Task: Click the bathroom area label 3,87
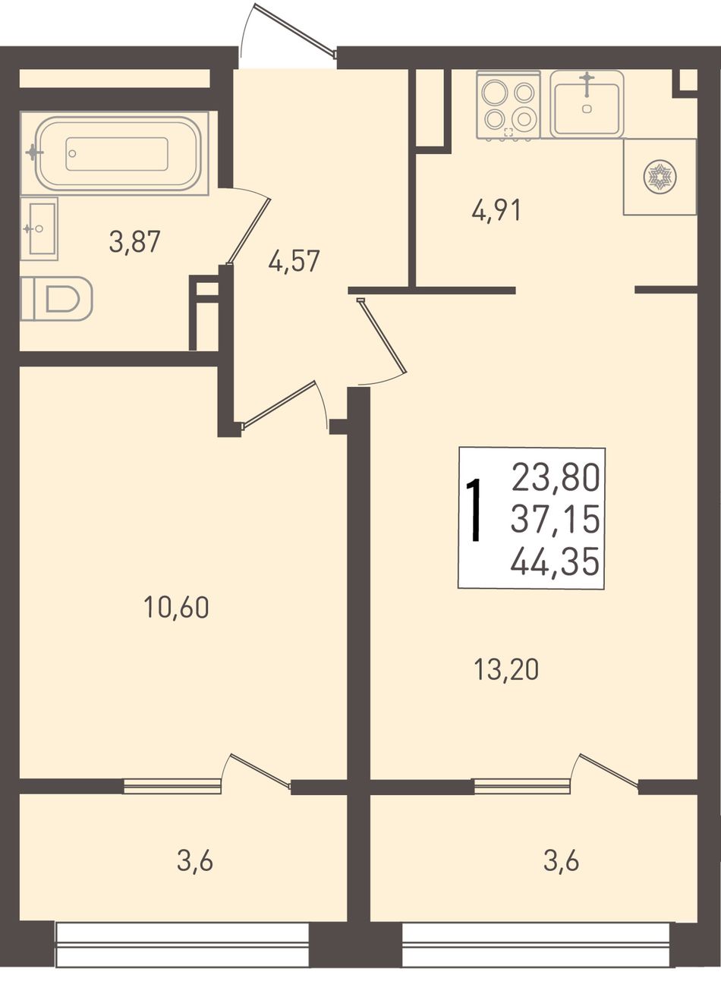pos(134,242)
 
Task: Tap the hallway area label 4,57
pos(294,261)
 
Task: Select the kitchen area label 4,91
pos(496,211)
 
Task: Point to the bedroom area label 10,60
pos(176,608)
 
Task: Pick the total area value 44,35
pos(555,562)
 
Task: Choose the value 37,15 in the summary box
pos(555,520)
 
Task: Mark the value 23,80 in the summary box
pos(555,478)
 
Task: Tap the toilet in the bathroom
pos(56,299)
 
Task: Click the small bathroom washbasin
pos(39,228)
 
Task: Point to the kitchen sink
pos(587,104)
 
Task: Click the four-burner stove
pos(508,105)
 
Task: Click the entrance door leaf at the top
pos(294,30)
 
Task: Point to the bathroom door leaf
pos(248,231)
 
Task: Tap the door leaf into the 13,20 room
pos(383,335)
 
